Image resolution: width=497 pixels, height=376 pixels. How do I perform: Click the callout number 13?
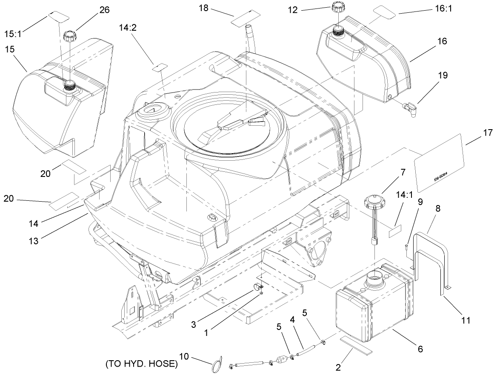click(x=33, y=240)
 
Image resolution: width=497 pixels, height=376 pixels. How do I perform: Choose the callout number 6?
click(x=419, y=349)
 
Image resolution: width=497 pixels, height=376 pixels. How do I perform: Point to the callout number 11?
click(x=466, y=320)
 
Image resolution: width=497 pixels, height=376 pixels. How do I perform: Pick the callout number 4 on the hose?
click(x=292, y=318)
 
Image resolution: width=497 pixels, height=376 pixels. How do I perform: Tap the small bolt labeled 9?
click(x=406, y=248)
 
